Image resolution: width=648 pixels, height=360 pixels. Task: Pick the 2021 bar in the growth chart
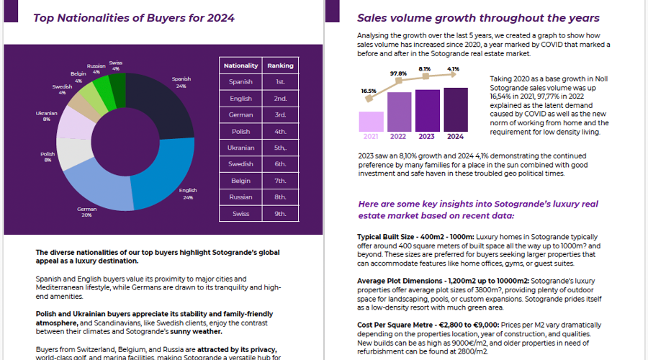pyautogui.click(x=371, y=121)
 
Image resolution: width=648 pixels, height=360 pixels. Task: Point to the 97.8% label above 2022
pyautogui.click(x=398, y=73)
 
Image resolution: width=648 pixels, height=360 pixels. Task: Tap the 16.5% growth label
pyautogui.click(x=369, y=91)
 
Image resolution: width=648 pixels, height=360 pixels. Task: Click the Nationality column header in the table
pyautogui.click(x=241, y=66)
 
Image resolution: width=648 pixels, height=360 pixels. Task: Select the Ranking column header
pyautogui.click(x=280, y=66)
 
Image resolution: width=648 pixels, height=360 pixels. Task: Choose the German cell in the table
pyautogui.click(x=241, y=115)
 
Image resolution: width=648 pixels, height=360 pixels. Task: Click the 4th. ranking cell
pyautogui.click(x=280, y=132)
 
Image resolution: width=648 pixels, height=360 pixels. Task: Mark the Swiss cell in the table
pyautogui.click(x=241, y=214)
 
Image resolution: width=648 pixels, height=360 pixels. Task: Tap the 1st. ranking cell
pyautogui.click(x=280, y=82)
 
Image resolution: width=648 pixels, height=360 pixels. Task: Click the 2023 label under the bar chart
pyautogui.click(x=427, y=136)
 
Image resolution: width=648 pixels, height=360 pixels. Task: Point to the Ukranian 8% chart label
pyautogui.click(x=46, y=116)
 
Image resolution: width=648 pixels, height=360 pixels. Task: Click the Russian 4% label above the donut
pyautogui.click(x=96, y=68)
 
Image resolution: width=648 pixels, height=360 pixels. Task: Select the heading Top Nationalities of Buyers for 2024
pyautogui.click(x=134, y=18)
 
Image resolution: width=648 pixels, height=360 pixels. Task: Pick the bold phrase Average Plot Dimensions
pyautogui.click(x=402, y=281)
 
